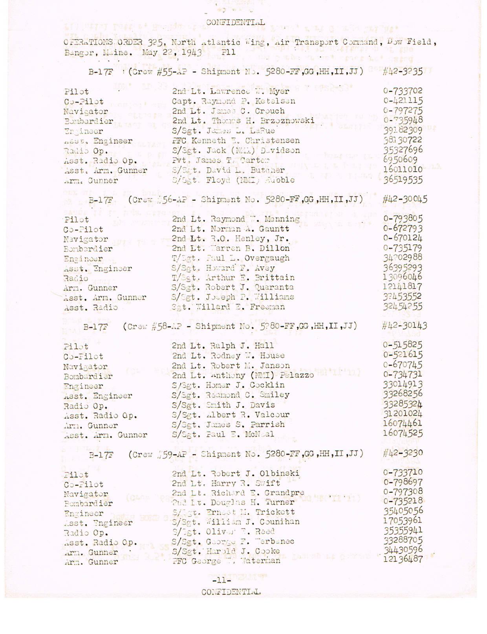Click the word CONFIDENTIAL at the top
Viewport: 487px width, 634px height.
pyautogui.click(x=235, y=22)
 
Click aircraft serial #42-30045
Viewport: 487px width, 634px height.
pyautogui.click(x=405, y=199)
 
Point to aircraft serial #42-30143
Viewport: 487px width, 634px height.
pyautogui.click(x=405, y=325)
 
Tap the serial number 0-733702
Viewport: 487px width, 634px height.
pyautogui.click(x=403, y=91)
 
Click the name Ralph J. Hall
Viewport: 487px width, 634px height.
pyautogui.click(x=239, y=345)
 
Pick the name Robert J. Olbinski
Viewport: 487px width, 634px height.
pyautogui.click(x=255, y=473)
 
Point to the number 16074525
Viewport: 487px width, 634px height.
pyautogui.click(x=402, y=434)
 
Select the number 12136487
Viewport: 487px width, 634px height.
pyautogui.click(x=403, y=559)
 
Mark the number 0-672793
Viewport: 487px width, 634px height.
pyautogui.click(x=403, y=228)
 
